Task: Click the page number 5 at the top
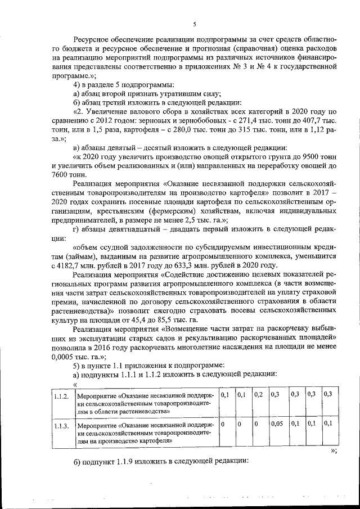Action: point(193,24)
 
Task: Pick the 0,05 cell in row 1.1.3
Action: point(277,424)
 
